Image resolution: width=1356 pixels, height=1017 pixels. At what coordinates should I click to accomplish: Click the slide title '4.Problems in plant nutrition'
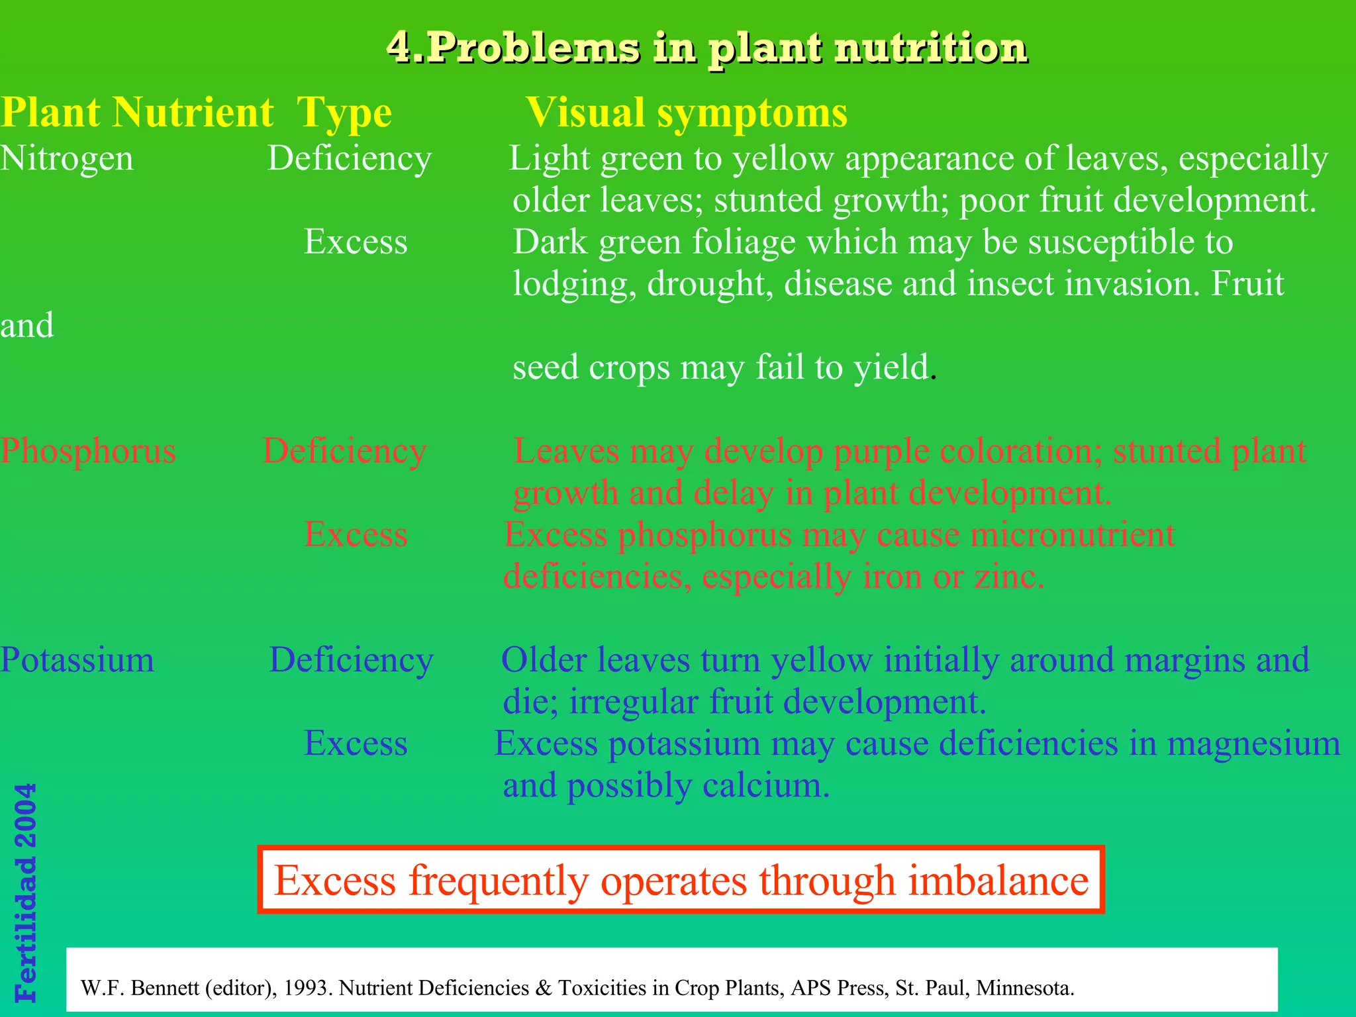click(x=706, y=48)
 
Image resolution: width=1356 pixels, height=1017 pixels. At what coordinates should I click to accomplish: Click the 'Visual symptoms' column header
click(x=687, y=113)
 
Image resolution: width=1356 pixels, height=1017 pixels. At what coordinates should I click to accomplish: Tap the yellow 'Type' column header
click(x=344, y=113)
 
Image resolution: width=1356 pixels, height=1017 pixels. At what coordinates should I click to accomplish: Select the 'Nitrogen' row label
click(x=67, y=159)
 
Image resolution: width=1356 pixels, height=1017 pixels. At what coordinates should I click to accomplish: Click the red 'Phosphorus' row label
click(x=88, y=452)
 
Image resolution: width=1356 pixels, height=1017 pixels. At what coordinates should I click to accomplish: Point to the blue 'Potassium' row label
click(x=77, y=660)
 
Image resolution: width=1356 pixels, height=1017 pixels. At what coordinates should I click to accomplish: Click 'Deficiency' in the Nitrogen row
click(x=350, y=159)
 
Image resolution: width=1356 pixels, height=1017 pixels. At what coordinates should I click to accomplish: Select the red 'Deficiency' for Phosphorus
click(x=345, y=452)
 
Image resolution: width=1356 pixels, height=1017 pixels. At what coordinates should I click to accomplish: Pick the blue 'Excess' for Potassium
click(x=356, y=744)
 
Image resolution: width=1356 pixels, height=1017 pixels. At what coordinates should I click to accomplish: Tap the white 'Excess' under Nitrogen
click(x=356, y=242)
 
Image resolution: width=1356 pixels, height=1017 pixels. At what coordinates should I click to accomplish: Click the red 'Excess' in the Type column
click(x=356, y=534)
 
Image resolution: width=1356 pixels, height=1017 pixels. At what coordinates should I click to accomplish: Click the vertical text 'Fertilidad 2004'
click(x=25, y=893)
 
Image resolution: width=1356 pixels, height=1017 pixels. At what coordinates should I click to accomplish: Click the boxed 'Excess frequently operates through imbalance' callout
click(x=681, y=881)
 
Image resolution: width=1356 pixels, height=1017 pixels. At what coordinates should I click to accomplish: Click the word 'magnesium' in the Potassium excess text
click(x=1253, y=744)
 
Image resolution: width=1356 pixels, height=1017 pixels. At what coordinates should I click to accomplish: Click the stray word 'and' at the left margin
click(x=27, y=326)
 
